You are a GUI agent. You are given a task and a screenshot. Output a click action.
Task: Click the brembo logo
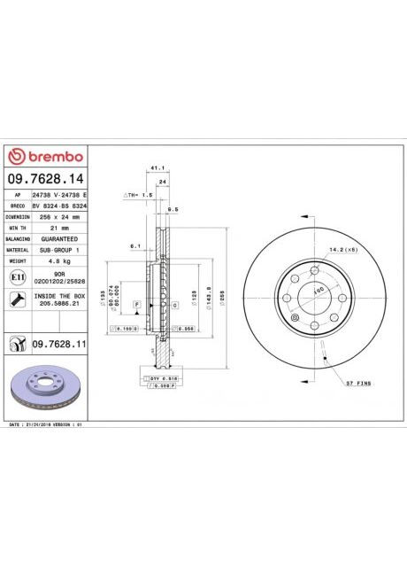tap(45, 157)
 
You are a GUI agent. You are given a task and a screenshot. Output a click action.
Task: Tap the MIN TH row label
tap(18, 228)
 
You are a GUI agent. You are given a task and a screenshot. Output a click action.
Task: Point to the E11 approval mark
tap(17, 278)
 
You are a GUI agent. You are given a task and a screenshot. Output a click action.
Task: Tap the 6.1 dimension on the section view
tap(134, 245)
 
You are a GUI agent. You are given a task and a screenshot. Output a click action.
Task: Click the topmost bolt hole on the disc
tap(315, 268)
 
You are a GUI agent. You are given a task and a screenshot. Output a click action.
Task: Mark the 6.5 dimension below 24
tap(173, 209)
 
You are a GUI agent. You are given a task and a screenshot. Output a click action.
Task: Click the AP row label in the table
tap(18, 193)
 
